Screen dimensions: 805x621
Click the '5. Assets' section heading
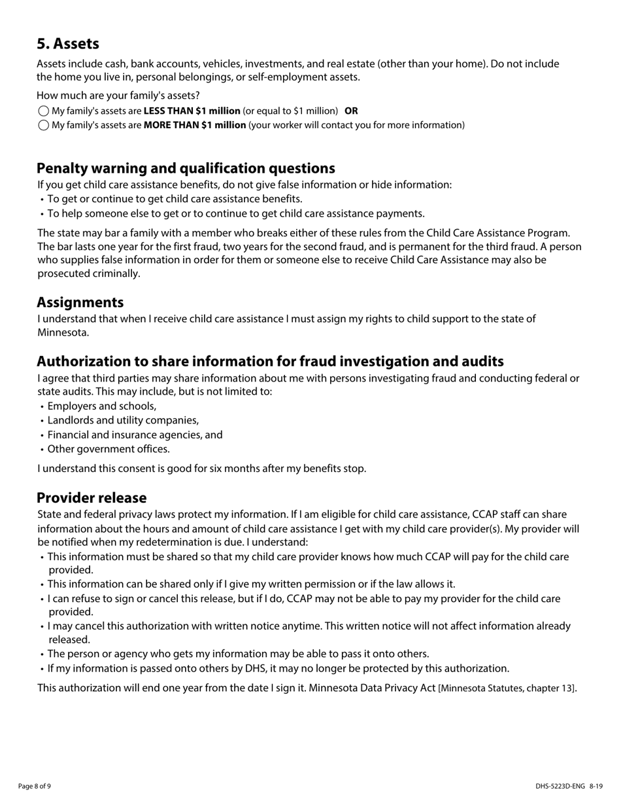point(68,44)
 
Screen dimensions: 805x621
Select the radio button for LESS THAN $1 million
point(44,111)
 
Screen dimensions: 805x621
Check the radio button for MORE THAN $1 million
point(44,125)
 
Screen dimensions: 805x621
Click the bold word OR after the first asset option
point(351,111)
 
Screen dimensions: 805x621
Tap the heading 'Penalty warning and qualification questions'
point(186,168)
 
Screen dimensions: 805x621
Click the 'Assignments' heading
point(80,302)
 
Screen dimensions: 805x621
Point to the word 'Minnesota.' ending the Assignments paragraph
point(63,332)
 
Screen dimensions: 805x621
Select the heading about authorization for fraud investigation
point(270,361)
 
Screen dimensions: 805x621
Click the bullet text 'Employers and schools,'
point(102,406)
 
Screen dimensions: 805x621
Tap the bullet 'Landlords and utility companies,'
point(123,420)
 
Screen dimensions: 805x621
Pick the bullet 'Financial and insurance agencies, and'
point(135,435)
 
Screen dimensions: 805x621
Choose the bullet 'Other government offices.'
point(109,449)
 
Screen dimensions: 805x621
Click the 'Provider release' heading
point(92,497)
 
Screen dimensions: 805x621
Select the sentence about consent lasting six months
point(201,469)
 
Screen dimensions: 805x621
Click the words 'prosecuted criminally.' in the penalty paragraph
point(89,274)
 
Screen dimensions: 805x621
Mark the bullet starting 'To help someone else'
point(235,213)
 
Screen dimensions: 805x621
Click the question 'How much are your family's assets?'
point(118,96)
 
